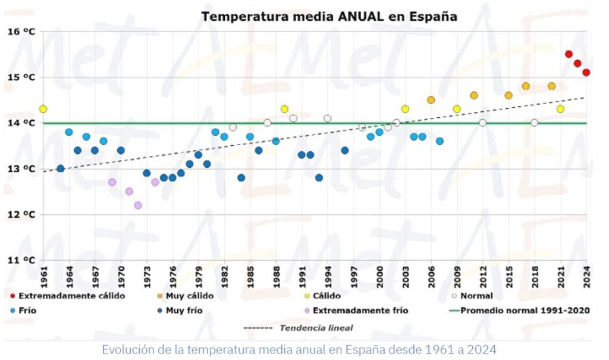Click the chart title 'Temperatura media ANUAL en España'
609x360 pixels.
329,16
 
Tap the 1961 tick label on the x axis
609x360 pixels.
43,277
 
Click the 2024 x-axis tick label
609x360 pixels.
586,277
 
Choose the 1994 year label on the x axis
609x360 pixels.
328,277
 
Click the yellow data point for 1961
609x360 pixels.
43,109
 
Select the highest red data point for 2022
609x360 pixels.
569,54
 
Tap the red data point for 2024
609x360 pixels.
586,73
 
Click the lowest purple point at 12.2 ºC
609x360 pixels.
138,205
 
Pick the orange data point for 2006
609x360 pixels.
431,100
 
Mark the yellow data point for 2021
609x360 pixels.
560,109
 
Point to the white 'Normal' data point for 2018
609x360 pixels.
534,123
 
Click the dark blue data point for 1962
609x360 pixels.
60,168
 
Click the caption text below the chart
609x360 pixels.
299,349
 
